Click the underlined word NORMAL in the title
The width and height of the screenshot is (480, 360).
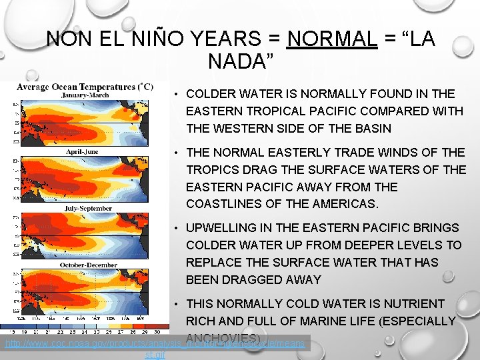tap(331, 39)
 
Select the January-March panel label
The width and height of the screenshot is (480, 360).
tap(83, 95)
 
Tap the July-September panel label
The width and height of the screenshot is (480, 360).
tap(83, 209)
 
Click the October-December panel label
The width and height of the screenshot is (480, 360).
tap(83, 265)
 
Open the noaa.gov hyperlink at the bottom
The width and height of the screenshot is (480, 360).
tap(155, 345)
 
